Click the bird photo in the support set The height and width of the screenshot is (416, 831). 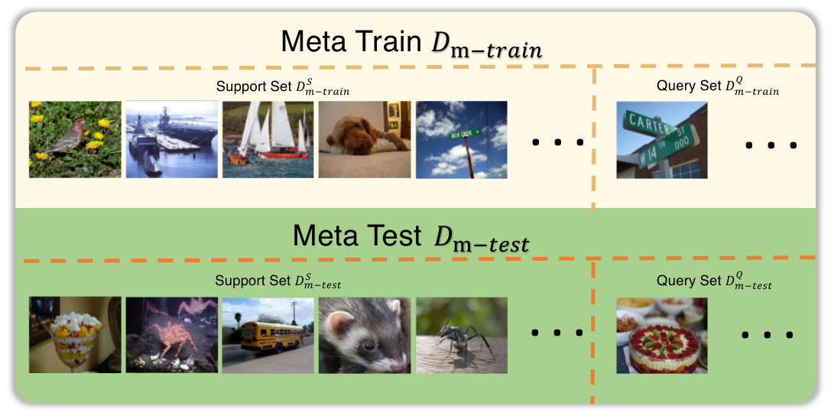tap(75, 139)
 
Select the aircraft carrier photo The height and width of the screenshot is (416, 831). tap(172, 139)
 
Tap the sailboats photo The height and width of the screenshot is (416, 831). tap(268, 139)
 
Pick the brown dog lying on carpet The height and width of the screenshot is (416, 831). tap(365, 139)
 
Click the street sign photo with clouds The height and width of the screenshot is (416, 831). tap(462, 139)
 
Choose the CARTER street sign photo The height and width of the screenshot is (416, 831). tap(662, 140)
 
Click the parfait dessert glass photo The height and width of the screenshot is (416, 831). tap(75, 335)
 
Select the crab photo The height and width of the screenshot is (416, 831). tap(172, 335)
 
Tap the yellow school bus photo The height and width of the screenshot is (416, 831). tap(268, 335)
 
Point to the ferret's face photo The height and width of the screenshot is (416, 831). tap(365, 335)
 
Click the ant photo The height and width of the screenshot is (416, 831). tap(462, 335)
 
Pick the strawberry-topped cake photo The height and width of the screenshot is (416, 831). tap(662, 336)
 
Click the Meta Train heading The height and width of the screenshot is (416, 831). tap(411, 42)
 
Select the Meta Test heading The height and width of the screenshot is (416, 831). tap(411, 236)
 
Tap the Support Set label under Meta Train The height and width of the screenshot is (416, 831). tap(282, 87)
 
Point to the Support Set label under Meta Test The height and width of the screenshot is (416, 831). tap(278, 281)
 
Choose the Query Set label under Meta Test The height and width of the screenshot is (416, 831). tap(714, 281)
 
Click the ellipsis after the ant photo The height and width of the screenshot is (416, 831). tap(557, 333)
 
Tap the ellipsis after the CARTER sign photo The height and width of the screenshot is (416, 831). tap(771, 145)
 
